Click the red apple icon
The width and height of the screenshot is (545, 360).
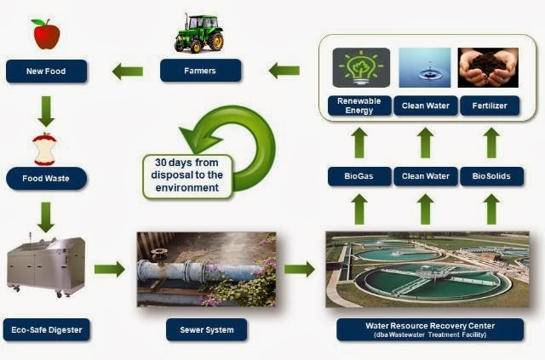(45, 34)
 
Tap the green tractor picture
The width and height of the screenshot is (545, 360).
(199, 32)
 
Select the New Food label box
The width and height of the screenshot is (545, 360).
(47, 71)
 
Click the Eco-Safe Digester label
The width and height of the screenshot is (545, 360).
(48, 328)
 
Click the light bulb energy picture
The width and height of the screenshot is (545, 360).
(359, 68)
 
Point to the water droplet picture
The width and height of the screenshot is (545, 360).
(425, 68)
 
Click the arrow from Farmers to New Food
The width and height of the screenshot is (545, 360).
(127, 71)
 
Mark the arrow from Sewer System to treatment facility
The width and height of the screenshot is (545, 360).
(299, 270)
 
